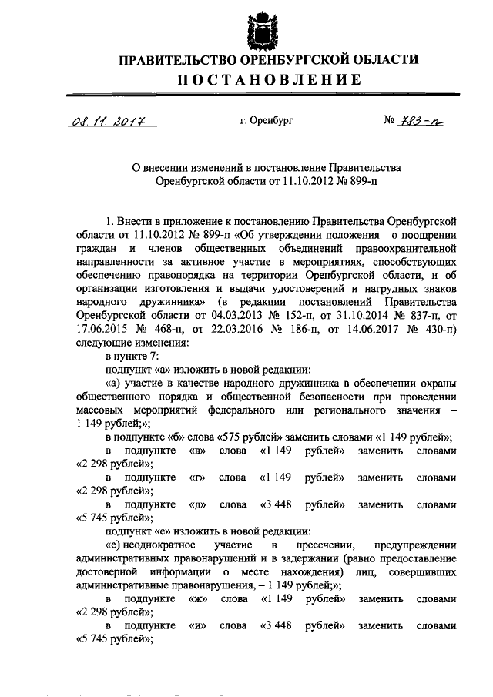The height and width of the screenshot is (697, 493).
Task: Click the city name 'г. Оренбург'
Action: point(267,120)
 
